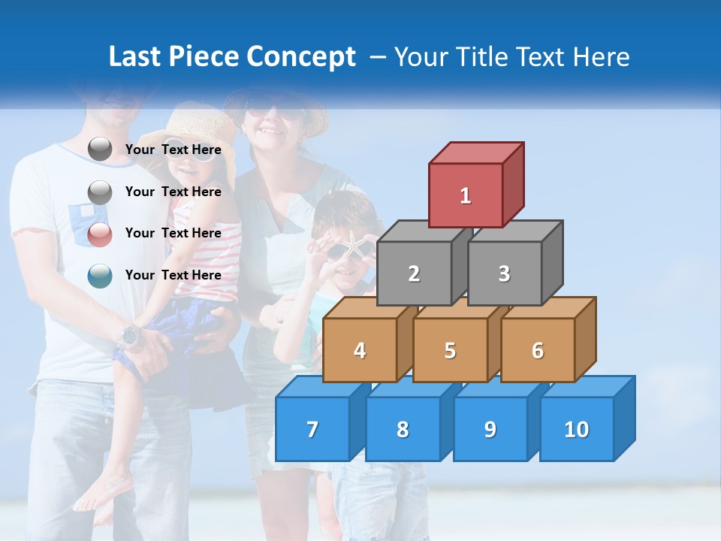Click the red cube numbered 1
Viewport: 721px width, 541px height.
click(466, 195)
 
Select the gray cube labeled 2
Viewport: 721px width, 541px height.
click(414, 274)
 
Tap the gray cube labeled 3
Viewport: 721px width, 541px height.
click(504, 274)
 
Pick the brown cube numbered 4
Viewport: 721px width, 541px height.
click(360, 350)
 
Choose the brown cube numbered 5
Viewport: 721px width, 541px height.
click(450, 350)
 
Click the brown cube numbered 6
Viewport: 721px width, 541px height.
click(537, 350)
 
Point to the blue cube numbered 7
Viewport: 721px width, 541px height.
click(312, 429)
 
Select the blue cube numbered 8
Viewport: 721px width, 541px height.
click(403, 429)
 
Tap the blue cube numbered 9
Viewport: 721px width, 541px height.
click(490, 429)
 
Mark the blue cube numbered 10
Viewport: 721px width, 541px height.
click(576, 429)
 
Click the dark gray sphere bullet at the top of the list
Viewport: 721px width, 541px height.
click(100, 150)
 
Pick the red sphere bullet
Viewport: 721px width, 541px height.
click(100, 234)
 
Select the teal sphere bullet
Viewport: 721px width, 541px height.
click(100, 276)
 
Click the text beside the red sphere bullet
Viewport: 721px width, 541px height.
click(173, 233)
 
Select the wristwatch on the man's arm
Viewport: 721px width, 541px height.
click(131, 335)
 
